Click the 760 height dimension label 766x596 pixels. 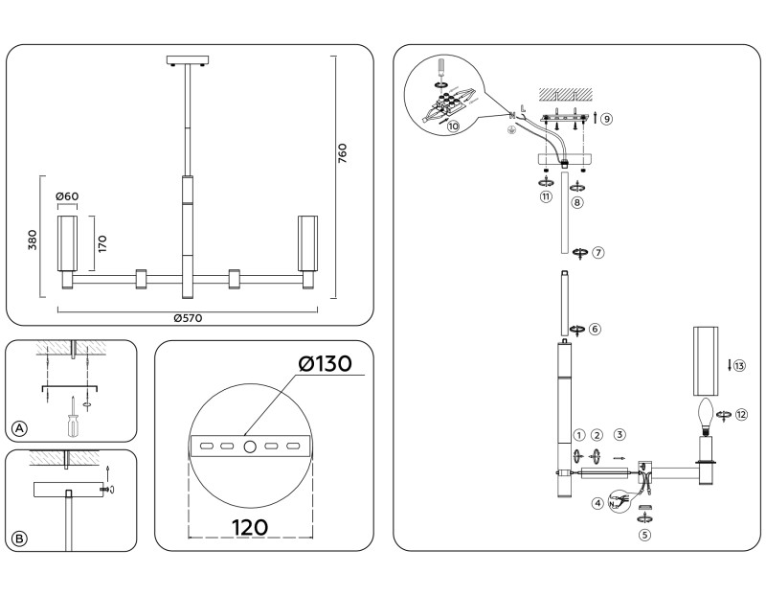click(x=343, y=154)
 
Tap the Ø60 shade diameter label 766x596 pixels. click(x=67, y=197)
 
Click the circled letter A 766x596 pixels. click(x=19, y=426)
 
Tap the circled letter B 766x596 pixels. click(x=19, y=539)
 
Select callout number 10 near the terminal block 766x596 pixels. click(x=454, y=125)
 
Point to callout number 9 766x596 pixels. click(x=606, y=118)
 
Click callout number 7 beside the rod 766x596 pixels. click(x=597, y=253)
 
